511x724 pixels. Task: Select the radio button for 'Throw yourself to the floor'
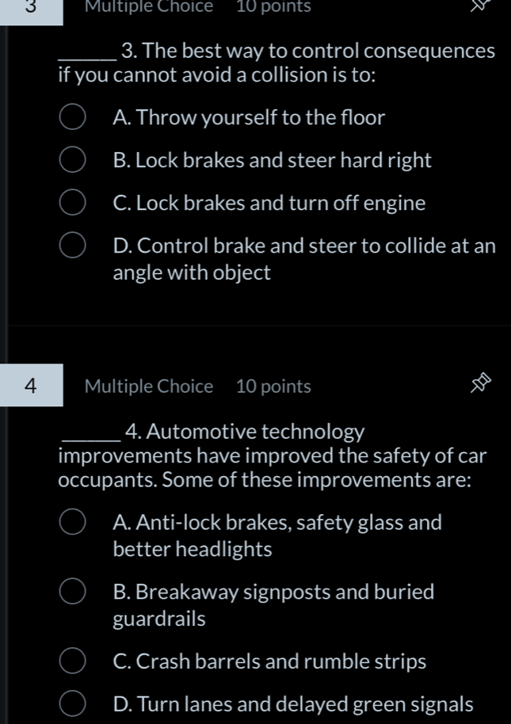click(x=72, y=119)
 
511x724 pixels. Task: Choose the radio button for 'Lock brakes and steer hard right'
click(x=72, y=162)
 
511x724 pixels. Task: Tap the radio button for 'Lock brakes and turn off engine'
click(x=72, y=204)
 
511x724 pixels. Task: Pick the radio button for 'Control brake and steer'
click(x=72, y=247)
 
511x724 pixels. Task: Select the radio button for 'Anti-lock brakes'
click(x=72, y=523)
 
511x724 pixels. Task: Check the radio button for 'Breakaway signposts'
click(x=72, y=593)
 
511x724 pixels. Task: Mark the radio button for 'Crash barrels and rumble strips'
click(x=72, y=662)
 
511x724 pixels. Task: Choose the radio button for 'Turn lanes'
click(x=72, y=705)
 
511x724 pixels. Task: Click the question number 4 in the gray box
click(x=31, y=386)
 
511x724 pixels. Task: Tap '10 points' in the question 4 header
click(x=273, y=387)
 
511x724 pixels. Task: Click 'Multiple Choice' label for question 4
click(x=149, y=387)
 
